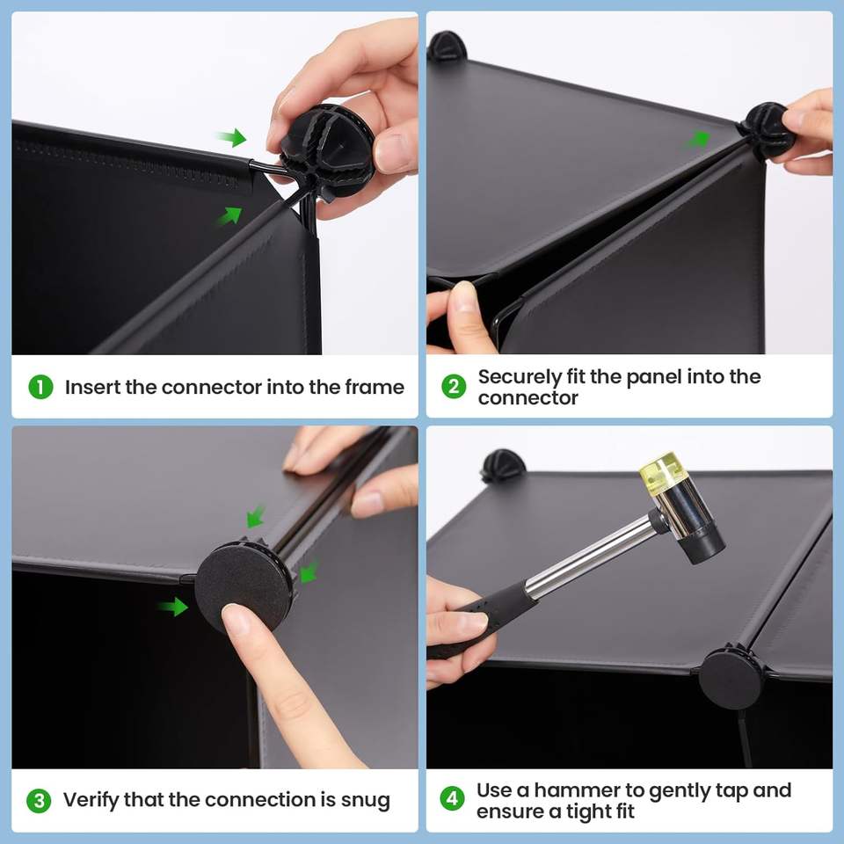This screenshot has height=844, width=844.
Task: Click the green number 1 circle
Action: [x=40, y=387]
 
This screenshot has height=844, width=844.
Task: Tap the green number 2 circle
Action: [x=454, y=387]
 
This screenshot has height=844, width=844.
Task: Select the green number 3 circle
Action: [x=39, y=800]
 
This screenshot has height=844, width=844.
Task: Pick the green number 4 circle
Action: [x=452, y=799]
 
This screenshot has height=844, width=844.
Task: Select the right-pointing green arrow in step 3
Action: [x=173, y=607]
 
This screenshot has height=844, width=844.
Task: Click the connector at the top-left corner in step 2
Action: [x=445, y=47]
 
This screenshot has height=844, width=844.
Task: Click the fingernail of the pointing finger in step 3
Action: [x=236, y=618]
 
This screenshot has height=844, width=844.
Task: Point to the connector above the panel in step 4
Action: [x=503, y=466]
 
